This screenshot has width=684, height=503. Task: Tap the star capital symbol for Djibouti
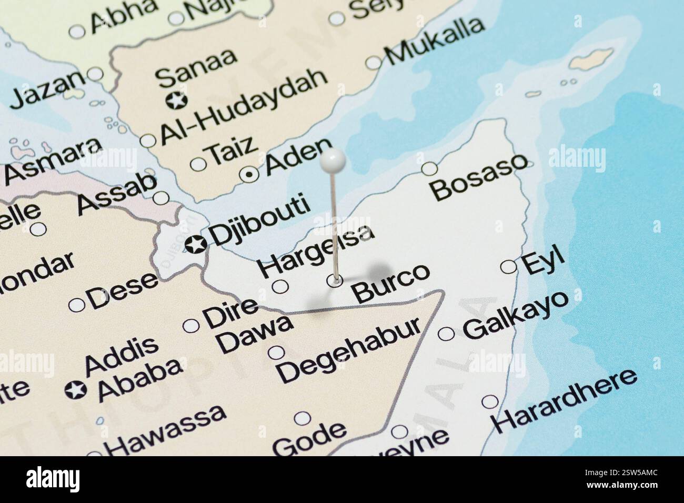pyautogui.click(x=196, y=244)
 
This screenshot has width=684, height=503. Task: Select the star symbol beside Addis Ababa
pyautogui.click(x=76, y=390)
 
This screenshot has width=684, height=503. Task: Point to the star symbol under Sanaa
pyautogui.click(x=176, y=99)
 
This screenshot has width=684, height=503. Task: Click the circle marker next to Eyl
pyautogui.click(x=508, y=267)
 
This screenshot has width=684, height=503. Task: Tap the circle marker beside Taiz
pyautogui.click(x=198, y=164)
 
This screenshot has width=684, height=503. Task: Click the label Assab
pyautogui.click(x=117, y=194)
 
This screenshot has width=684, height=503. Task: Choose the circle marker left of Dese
pyautogui.click(x=77, y=305)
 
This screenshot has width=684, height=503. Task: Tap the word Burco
pyautogui.click(x=391, y=283)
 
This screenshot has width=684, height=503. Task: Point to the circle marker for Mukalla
pyautogui.click(x=374, y=63)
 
